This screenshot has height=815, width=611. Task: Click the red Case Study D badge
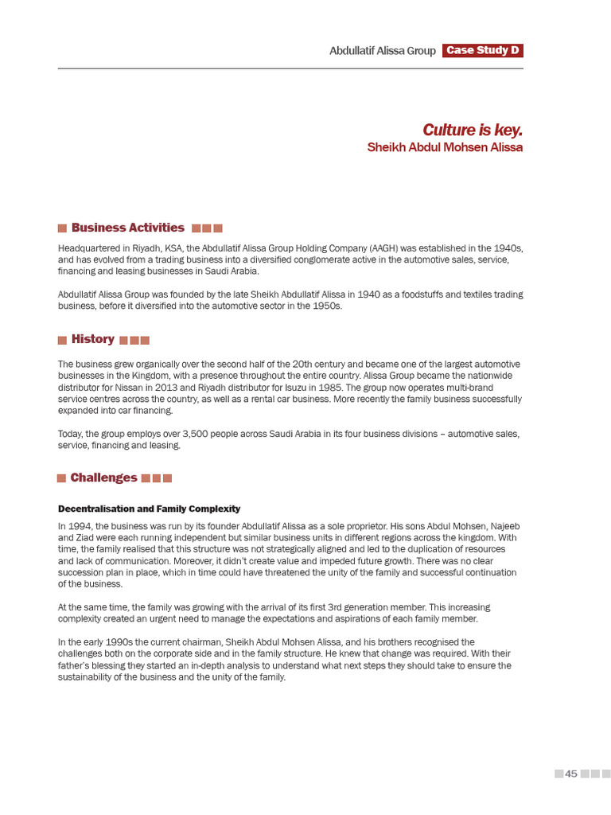click(483, 51)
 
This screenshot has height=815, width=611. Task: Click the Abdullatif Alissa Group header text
click(383, 51)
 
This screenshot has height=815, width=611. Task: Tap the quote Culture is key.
click(473, 130)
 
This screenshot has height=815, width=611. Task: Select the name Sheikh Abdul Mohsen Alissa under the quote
click(445, 147)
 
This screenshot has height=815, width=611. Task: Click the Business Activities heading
click(127, 228)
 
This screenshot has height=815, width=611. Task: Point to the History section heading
click(93, 339)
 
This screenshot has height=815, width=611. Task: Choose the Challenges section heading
click(103, 478)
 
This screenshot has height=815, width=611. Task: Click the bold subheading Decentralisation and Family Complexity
click(149, 509)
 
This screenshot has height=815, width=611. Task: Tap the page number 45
click(570, 774)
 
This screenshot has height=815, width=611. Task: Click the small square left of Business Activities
click(62, 228)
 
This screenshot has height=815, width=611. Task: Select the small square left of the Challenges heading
click(61, 478)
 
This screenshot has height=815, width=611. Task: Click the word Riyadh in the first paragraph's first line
click(136, 248)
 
